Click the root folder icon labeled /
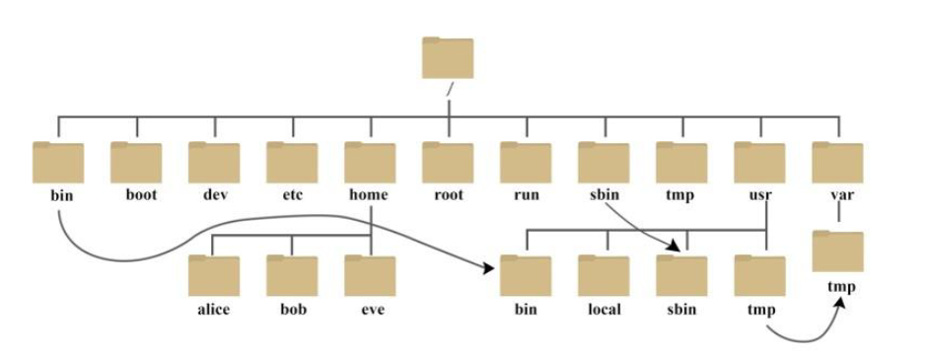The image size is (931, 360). [448, 58]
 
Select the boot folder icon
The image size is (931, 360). [136, 163]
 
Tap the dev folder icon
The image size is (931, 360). [214, 163]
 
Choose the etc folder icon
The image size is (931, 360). [292, 163]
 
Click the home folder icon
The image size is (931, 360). [370, 163]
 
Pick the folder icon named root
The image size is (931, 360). [448, 163]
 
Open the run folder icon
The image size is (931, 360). [526, 163]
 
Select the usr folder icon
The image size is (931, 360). [759, 163]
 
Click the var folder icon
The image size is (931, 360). [837, 163]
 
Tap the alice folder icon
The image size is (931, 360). [214, 276]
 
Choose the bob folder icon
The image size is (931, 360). [292, 276]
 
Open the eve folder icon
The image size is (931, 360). [370, 276]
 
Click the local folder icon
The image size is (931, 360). [604, 276]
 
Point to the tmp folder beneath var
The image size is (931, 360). [837, 252]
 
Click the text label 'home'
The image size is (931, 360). [369, 195]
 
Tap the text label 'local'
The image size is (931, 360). [604, 310]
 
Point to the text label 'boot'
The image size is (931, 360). [141, 195]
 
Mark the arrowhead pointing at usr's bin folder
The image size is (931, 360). [489, 267]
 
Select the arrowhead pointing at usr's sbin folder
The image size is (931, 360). [678, 246]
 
